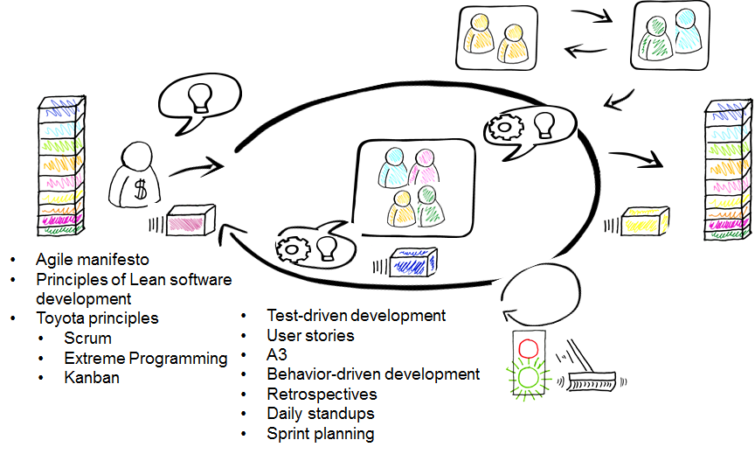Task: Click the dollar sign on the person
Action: point(140,190)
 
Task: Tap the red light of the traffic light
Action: point(528,348)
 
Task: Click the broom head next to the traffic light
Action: point(592,381)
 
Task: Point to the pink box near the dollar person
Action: point(190,220)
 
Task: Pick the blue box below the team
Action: point(413,262)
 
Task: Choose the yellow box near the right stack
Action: point(645,221)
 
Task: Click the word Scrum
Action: point(87,339)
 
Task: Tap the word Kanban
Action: point(92,377)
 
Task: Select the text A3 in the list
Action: point(277,355)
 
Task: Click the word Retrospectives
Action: point(322,395)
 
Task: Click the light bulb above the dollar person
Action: point(199,98)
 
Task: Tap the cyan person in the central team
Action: point(393,167)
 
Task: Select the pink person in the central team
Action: point(424,167)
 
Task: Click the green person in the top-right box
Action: point(655,38)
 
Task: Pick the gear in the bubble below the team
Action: point(292,249)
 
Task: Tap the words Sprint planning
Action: point(321,434)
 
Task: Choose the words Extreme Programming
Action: point(146,359)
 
